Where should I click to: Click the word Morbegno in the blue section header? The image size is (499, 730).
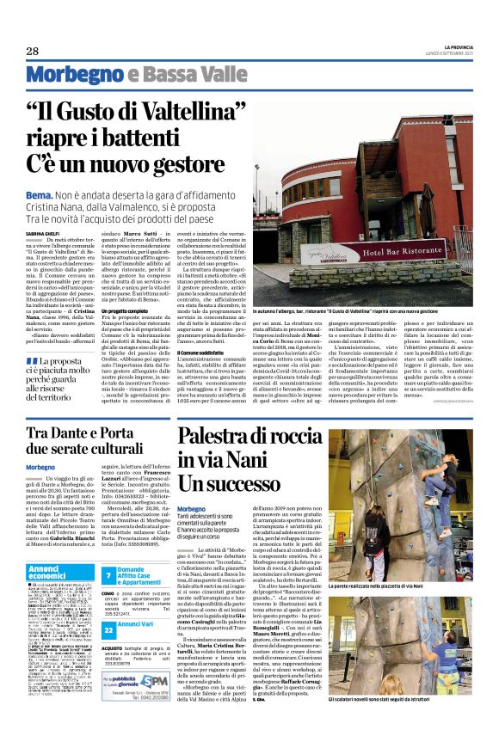pyautogui.click(x=66, y=75)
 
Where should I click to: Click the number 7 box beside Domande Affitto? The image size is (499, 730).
pyautogui.click(x=109, y=576)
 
